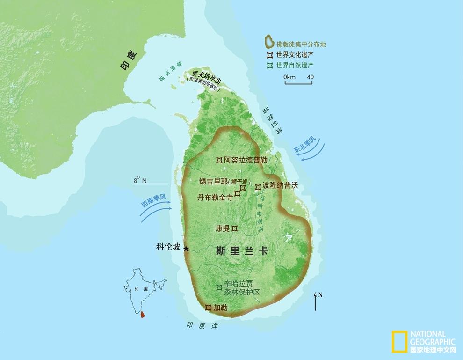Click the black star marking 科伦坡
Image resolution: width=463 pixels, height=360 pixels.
pyautogui.click(x=186, y=249)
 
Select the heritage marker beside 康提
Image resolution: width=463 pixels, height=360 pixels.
pyautogui.click(x=235, y=228)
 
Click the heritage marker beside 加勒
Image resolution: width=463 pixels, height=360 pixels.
pyautogui.click(x=208, y=308)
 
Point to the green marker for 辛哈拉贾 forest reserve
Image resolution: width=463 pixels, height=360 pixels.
pyautogui.click(x=218, y=287)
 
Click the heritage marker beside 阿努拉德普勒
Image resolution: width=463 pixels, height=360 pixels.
pyautogui.click(x=218, y=160)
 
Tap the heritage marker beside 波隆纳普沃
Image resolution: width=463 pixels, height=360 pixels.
pyautogui.click(x=258, y=186)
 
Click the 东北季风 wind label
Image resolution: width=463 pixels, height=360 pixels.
pyautogui.click(x=305, y=145)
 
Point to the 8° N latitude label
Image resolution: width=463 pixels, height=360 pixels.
pyautogui.click(x=140, y=180)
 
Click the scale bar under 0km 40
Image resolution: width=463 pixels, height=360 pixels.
pyautogui.click(x=298, y=83)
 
